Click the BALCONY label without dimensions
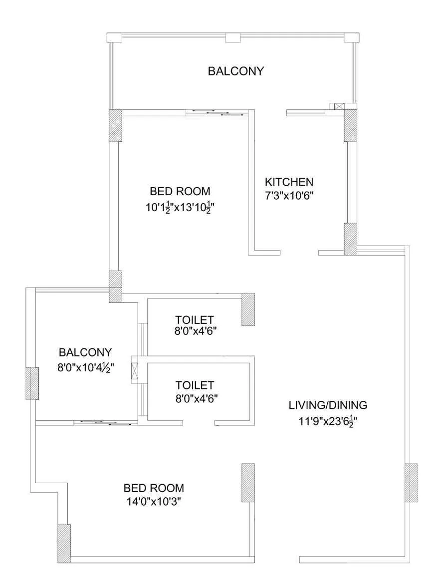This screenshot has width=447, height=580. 235,71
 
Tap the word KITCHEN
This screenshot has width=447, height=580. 289,182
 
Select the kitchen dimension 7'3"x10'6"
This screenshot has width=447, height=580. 289,195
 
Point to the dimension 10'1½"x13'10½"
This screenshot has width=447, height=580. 180,207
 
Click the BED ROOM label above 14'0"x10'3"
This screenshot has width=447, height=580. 154,488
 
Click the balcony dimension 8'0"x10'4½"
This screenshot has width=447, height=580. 85,368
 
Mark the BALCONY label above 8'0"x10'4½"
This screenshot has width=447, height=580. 85,352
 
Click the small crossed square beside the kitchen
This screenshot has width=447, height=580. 339,106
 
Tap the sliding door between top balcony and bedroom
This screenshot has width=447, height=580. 218,113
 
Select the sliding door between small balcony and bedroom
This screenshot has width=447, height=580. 105,422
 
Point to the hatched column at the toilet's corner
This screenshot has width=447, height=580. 248,309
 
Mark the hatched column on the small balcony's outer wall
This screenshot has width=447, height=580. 32,383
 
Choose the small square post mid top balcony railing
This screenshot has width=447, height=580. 232,37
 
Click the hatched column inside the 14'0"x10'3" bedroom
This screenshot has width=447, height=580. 248,482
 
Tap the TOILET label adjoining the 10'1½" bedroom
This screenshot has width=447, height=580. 195,319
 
